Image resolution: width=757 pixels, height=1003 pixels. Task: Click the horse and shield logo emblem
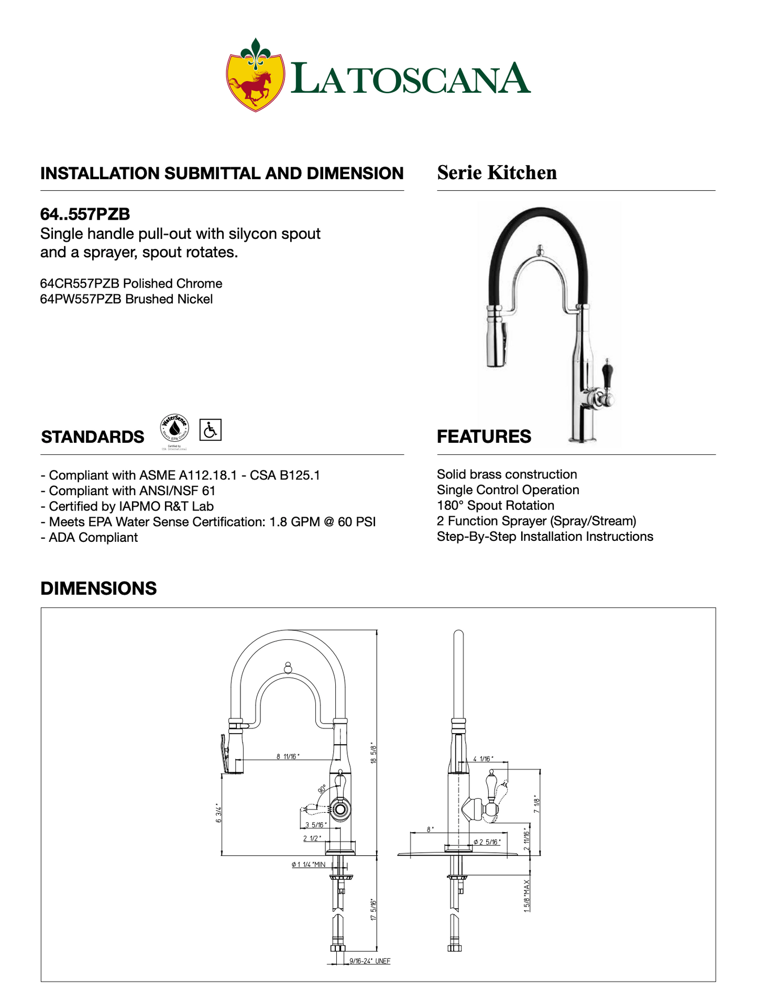tap(255, 75)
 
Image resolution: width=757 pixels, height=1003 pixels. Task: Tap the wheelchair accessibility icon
tap(211, 430)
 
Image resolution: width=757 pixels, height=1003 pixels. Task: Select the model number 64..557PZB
tap(85, 214)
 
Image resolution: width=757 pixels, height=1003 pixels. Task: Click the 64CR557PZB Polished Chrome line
tap(131, 284)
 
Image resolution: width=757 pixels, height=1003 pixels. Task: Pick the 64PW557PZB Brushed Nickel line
tap(126, 299)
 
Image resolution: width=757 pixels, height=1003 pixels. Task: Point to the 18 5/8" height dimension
tap(373, 753)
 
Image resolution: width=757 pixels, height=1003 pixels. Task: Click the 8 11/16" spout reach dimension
tap(287, 756)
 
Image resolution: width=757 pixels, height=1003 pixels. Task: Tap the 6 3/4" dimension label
tap(218, 813)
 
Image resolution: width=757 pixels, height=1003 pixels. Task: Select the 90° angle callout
tap(322, 789)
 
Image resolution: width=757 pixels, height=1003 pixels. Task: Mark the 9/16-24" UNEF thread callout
tap(370, 961)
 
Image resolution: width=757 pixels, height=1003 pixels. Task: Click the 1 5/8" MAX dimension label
tap(527, 896)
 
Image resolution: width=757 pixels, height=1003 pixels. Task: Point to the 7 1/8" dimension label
tap(536, 804)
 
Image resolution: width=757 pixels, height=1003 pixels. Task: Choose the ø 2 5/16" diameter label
tap(487, 842)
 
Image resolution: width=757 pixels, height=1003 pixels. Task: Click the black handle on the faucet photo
tap(608, 373)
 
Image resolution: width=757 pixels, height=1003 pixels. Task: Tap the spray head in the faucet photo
tap(496, 341)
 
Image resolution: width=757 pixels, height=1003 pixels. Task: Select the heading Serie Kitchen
tap(497, 172)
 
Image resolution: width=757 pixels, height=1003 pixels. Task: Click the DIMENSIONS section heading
tap(98, 588)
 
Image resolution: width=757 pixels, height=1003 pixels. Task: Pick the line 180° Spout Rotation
tap(495, 506)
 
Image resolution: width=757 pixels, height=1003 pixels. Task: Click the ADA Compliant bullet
tap(90, 538)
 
